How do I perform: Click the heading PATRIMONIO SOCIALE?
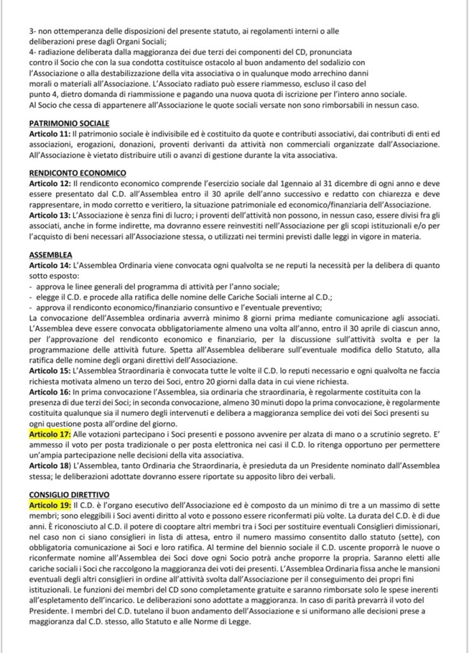[x=69, y=123]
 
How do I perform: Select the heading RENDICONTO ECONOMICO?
[x=77, y=172]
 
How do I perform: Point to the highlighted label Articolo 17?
[x=50, y=434]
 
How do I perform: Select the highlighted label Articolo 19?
[x=50, y=505]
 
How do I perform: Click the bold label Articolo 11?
[x=50, y=133]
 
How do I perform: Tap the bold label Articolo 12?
[x=50, y=182]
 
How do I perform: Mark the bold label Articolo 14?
[x=50, y=263]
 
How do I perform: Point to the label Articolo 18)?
[x=50, y=465]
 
